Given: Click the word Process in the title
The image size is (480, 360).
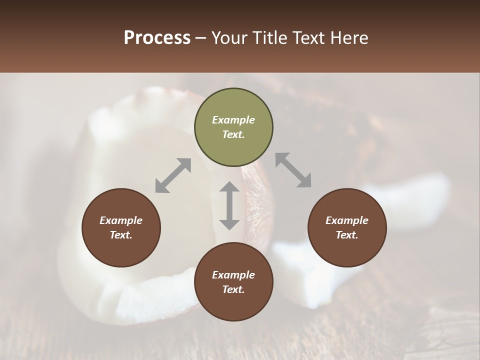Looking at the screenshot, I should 157,38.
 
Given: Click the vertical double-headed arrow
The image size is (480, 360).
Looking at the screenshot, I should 229,205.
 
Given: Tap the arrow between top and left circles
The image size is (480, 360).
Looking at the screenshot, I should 173,175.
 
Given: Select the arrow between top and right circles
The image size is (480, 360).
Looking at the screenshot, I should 293,170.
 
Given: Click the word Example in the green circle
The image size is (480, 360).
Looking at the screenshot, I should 233,120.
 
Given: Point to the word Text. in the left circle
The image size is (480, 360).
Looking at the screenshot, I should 121,235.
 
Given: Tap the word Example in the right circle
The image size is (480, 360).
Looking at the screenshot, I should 347,220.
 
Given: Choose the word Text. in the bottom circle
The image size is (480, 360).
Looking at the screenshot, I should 233,289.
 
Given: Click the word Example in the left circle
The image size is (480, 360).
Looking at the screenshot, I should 121,220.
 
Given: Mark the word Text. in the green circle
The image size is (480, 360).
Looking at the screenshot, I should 233,134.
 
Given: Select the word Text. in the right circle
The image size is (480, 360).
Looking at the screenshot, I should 347,235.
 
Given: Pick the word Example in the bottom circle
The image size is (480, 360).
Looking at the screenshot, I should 233,275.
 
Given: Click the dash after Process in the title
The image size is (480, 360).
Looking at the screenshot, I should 201,38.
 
